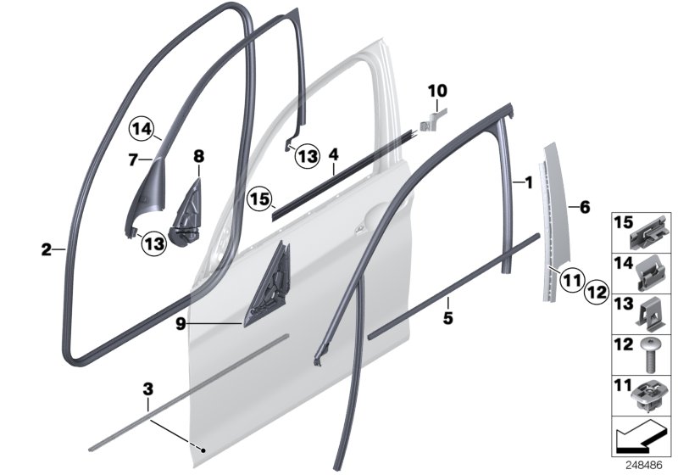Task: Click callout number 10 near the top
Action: pos(437,90)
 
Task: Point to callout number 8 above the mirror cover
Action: pos(199,156)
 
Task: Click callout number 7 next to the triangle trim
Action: pos(133,159)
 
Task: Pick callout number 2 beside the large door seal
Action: pos(46,249)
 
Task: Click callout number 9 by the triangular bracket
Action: pos(181,322)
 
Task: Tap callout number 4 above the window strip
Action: pos(334,155)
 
